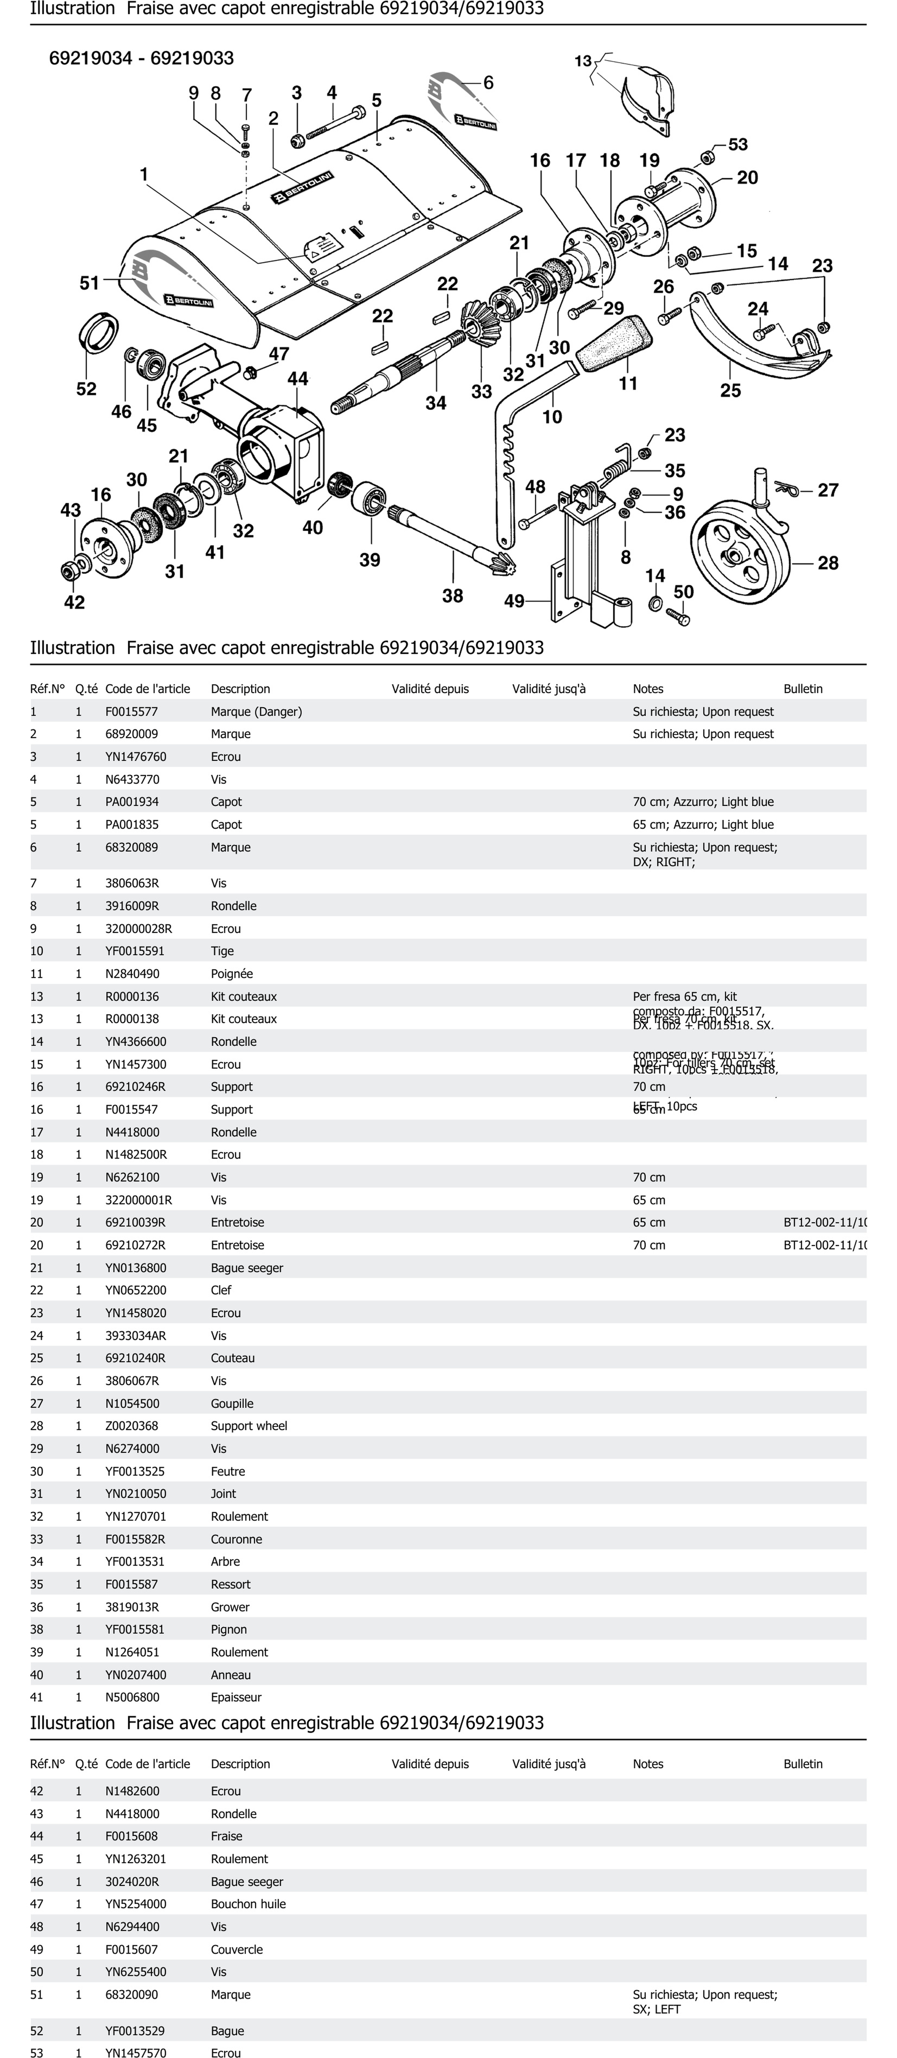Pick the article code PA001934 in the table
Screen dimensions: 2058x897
132,801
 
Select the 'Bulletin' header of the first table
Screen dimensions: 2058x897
803,689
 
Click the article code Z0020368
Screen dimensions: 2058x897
132,1425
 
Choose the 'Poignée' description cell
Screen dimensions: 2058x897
232,973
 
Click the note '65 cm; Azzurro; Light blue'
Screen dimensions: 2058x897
703,824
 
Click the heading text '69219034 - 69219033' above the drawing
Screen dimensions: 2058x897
141,58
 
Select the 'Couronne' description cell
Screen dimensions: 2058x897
236,1539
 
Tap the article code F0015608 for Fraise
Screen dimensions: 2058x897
132,1836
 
